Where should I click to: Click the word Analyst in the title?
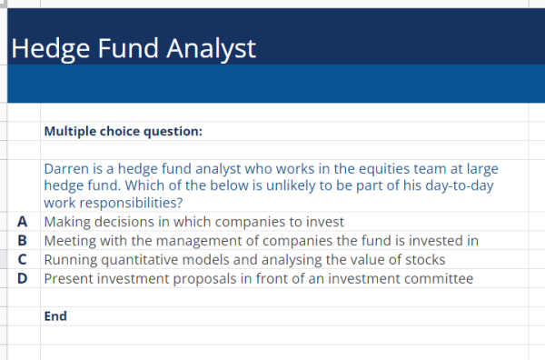point(211,48)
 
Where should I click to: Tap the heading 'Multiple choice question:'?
point(123,132)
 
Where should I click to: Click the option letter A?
point(22,221)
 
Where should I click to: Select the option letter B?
point(22,240)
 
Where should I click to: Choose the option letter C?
point(22,259)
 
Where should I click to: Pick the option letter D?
point(22,278)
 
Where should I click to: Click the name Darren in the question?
point(67,169)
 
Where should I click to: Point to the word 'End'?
point(55,316)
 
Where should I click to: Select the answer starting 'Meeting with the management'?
point(261,240)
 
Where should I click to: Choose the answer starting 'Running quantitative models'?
point(244,259)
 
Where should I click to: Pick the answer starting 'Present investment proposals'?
point(258,278)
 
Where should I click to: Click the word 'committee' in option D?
point(441,278)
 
